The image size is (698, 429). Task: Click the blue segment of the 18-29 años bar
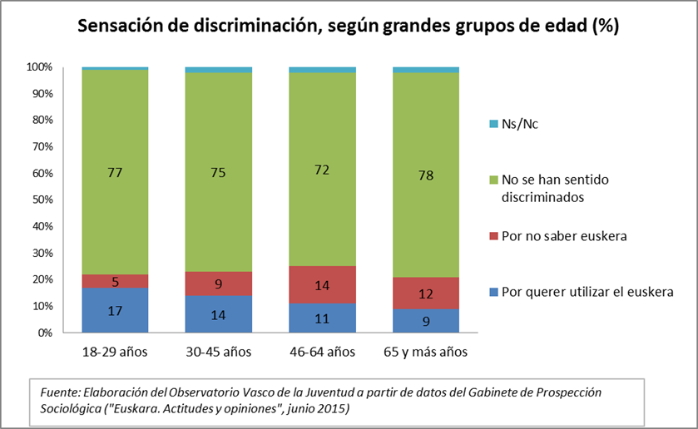[x=115, y=310]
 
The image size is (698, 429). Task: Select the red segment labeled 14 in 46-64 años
[x=322, y=285]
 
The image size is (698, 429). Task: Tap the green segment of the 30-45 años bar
[x=219, y=172]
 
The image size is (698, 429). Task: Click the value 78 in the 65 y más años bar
[x=426, y=175]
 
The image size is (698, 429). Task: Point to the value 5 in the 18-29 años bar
[x=116, y=282]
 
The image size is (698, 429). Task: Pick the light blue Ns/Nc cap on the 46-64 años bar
[x=322, y=70]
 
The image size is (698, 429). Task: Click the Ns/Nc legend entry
[x=513, y=124]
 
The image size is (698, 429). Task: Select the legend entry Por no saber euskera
[x=558, y=236]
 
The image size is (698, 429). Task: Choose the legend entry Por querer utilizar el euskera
[x=582, y=292]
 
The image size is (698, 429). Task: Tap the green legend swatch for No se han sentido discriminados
[x=493, y=180]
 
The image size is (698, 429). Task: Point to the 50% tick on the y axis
[x=42, y=200]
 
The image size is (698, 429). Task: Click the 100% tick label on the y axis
[x=40, y=67]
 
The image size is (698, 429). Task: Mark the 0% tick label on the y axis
[x=45, y=333]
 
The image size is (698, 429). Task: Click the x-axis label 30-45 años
[x=219, y=352]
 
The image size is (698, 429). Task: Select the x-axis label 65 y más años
[x=426, y=352]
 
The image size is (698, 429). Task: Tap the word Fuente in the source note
[x=60, y=392]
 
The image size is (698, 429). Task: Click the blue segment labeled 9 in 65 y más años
[x=426, y=320]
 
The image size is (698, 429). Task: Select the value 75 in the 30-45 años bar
[x=218, y=172]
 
